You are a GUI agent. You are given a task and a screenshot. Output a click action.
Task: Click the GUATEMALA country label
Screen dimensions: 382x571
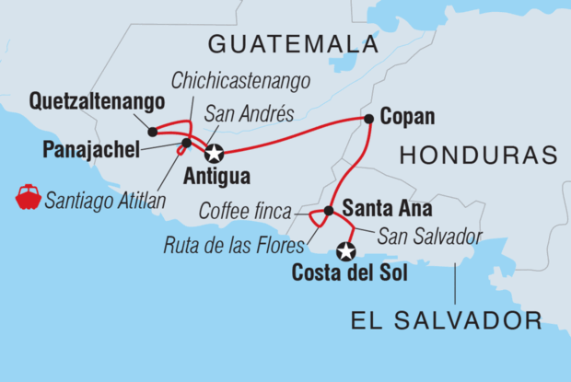click(x=292, y=42)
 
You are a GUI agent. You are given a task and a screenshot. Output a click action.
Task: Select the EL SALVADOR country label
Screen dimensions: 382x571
click(x=446, y=320)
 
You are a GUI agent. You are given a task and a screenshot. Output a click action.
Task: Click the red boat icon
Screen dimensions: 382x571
click(x=28, y=197)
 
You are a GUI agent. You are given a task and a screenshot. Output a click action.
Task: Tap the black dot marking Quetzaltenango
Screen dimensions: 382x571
click(x=152, y=132)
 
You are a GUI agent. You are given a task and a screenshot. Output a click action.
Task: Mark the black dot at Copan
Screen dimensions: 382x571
click(x=368, y=119)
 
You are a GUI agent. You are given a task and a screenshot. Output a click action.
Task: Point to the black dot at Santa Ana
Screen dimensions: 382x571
click(x=328, y=211)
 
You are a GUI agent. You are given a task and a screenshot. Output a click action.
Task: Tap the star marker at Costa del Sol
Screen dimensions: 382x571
click(x=346, y=249)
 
